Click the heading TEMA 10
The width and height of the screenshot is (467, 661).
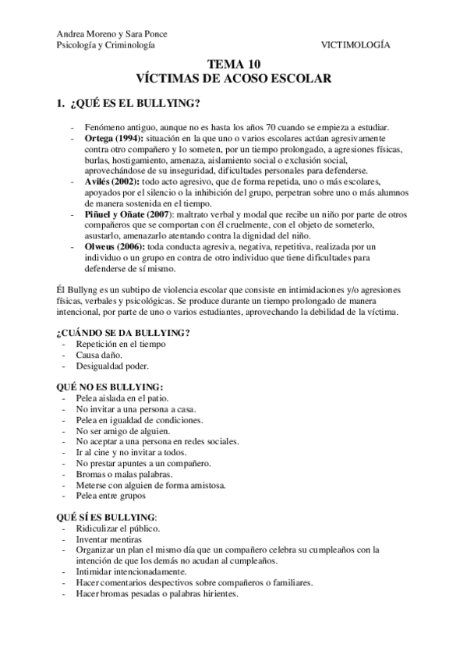(233, 65)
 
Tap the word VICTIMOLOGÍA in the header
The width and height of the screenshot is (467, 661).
(356, 45)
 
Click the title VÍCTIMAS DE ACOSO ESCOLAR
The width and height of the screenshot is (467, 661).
(234, 79)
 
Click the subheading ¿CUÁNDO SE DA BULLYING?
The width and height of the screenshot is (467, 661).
(124, 333)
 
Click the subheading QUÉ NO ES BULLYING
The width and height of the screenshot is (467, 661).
(110, 387)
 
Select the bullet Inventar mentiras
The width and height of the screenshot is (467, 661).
(108, 539)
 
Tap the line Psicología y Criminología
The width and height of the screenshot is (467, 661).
(106, 45)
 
